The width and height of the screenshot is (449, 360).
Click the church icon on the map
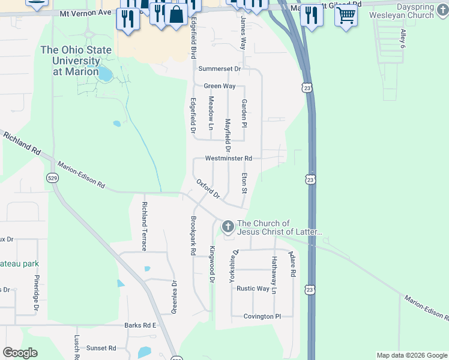click(x=228, y=227)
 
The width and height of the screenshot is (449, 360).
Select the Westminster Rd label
click(x=228, y=158)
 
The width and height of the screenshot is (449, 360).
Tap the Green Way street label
click(x=219, y=86)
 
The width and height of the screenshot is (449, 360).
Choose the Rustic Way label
click(x=253, y=288)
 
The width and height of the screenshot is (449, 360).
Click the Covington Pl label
click(x=262, y=316)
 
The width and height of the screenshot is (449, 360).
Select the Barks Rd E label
click(x=140, y=325)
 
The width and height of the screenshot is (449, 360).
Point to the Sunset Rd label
click(x=101, y=348)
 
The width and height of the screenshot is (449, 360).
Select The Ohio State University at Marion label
click(x=70, y=60)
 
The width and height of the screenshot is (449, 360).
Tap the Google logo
click(x=20, y=353)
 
